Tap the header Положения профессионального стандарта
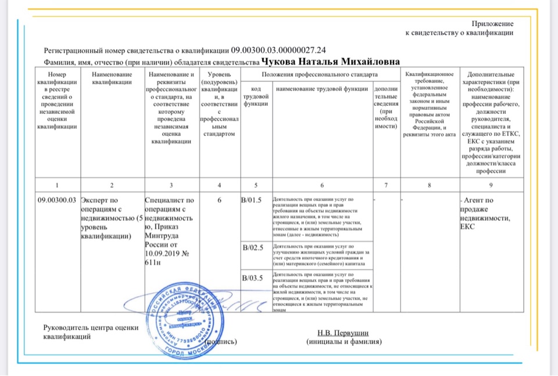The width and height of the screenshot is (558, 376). pos(320,74)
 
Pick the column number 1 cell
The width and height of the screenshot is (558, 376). pos(57,185)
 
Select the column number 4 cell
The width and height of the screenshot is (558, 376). pos(219,185)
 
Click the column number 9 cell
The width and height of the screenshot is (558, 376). pos(491,185)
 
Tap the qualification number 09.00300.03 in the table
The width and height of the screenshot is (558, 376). pos(57,200)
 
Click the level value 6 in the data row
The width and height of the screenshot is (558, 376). pos(219,200)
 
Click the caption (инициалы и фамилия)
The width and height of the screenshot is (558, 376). pos(344,342)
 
